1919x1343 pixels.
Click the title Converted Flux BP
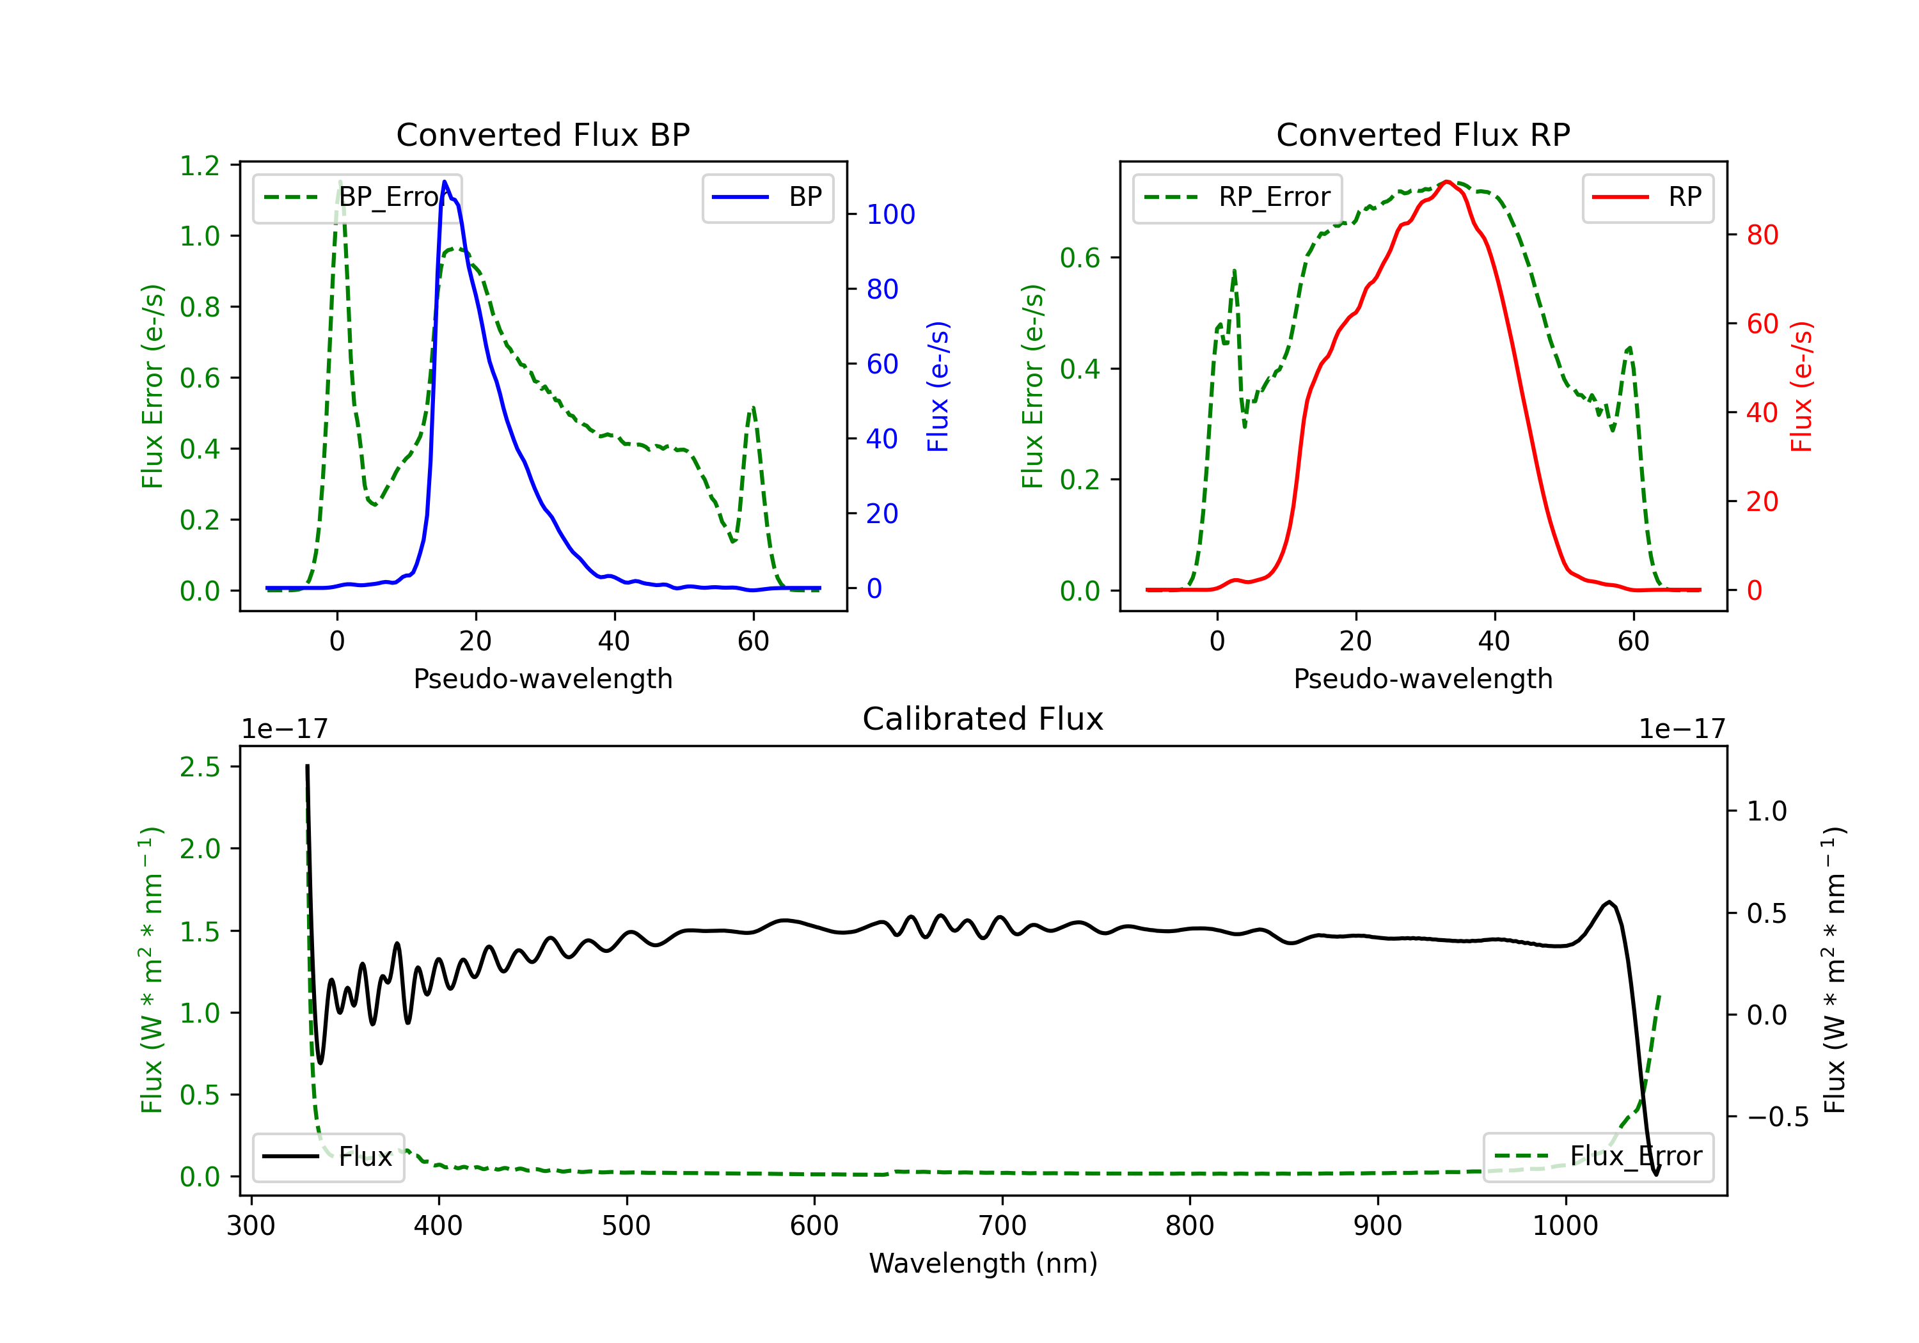pyautogui.click(x=542, y=134)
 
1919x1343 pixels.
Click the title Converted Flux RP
pyautogui.click(x=1423, y=134)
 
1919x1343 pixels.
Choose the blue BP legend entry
pyautogui.click(x=767, y=197)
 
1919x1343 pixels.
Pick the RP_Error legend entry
pyautogui.click(x=1237, y=197)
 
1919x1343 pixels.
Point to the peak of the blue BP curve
pyautogui.click(x=445, y=182)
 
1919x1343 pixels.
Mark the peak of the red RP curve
pyautogui.click(x=1447, y=182)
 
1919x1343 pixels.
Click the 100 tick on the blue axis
pyautogui.click(x=890, y=215)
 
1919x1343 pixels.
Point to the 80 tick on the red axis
pyautogui.click(x=1762, y=235)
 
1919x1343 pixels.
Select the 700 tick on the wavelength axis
pyautogui.click(x=1002, y=1226)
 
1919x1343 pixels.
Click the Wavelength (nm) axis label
pyautogui.click(x=983, y=1263)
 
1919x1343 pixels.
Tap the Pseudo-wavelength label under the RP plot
pyautogui.click(x=1423, y=679)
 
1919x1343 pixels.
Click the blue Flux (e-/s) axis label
pyautogui.click(x=938, y=386)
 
